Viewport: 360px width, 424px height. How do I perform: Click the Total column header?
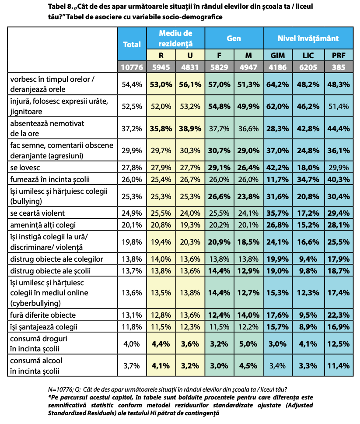click(132, 44)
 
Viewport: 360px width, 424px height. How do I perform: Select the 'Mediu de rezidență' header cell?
click(175, 39)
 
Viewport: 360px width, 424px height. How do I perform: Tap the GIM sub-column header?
click(277, 56)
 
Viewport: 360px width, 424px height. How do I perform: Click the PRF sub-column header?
click(338, 56)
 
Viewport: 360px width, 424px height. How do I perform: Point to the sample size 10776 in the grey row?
click(132, 67)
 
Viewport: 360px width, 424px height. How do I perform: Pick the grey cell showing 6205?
click(308, 67)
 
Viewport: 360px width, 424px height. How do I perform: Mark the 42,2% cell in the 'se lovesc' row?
click(277, 168)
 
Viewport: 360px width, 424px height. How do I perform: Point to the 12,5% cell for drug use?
click(338, 343)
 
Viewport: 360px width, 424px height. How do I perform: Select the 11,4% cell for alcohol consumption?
click(338, 366)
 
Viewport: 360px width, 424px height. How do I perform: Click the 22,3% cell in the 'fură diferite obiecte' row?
click(338, 315)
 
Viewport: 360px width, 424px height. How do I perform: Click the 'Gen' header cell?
click(234, 39)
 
